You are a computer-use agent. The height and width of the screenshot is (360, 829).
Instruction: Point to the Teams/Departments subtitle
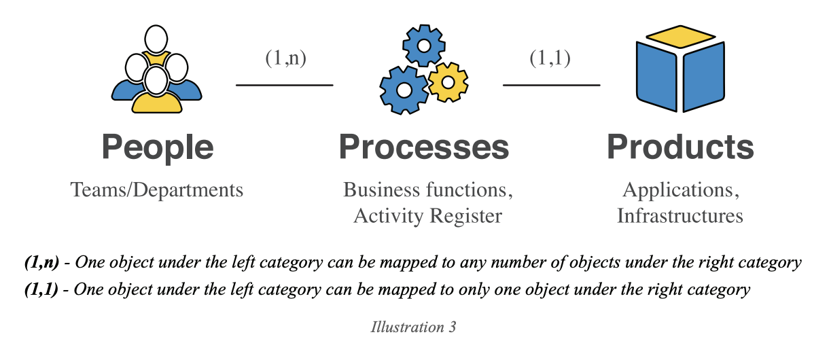157,190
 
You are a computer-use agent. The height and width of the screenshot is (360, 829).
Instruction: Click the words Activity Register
428,216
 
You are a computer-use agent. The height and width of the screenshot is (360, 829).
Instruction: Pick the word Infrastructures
680,216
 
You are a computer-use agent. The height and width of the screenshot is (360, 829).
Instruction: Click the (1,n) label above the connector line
285,58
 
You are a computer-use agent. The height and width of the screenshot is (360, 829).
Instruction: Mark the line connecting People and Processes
284,85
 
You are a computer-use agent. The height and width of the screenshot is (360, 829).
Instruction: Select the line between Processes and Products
551,85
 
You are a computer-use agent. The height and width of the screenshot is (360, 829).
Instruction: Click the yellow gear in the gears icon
448,82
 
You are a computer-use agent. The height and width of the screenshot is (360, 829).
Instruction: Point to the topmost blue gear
423,45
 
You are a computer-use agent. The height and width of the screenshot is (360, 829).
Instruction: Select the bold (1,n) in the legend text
39,262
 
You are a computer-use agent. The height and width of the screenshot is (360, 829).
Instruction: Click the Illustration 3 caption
413,327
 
